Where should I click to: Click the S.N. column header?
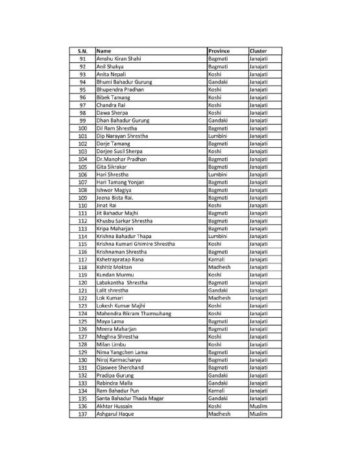[x=82, y=51]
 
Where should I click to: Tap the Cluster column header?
[x=258, y=51]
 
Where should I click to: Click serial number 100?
[x=82, y=128]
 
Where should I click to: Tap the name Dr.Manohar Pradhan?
[x=121, y=159]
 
